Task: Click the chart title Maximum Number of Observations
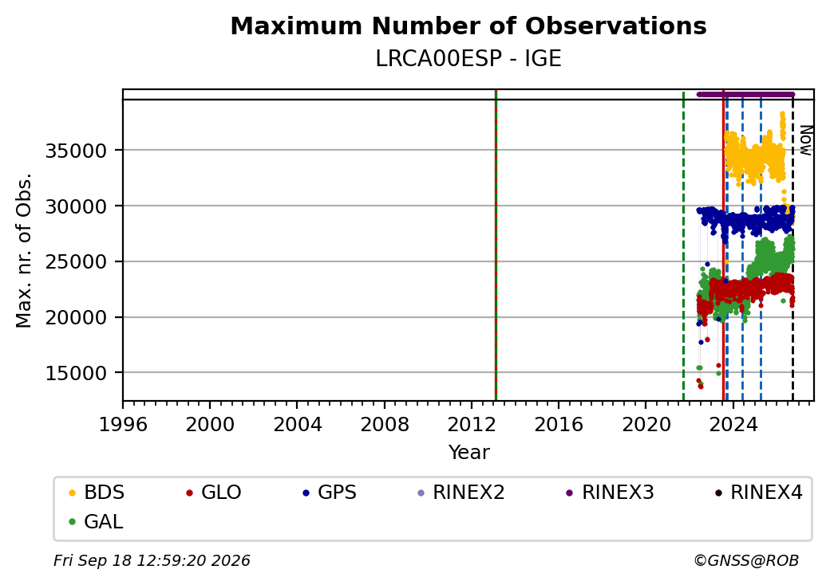pyautogui.click(x=468, y=26)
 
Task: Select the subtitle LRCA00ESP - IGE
pyautogui.click(x=468, y=59)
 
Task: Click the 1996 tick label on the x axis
pyautogui.click(x=123, y=424)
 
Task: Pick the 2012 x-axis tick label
pyautogui.click(x=471, y=424)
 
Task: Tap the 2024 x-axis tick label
pyautogui.click(x=733, y=424)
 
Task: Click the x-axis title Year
pyautogui.click(x=469, y=453)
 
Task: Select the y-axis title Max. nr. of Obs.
pyautogui.click(x=24, y=250)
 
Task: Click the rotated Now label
pyautogui.click(x=805, y=140)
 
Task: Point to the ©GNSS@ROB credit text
pyautogui.click(x=746, y=560)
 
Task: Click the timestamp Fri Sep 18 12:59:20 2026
pyautogui.click(x=152, y=560)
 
